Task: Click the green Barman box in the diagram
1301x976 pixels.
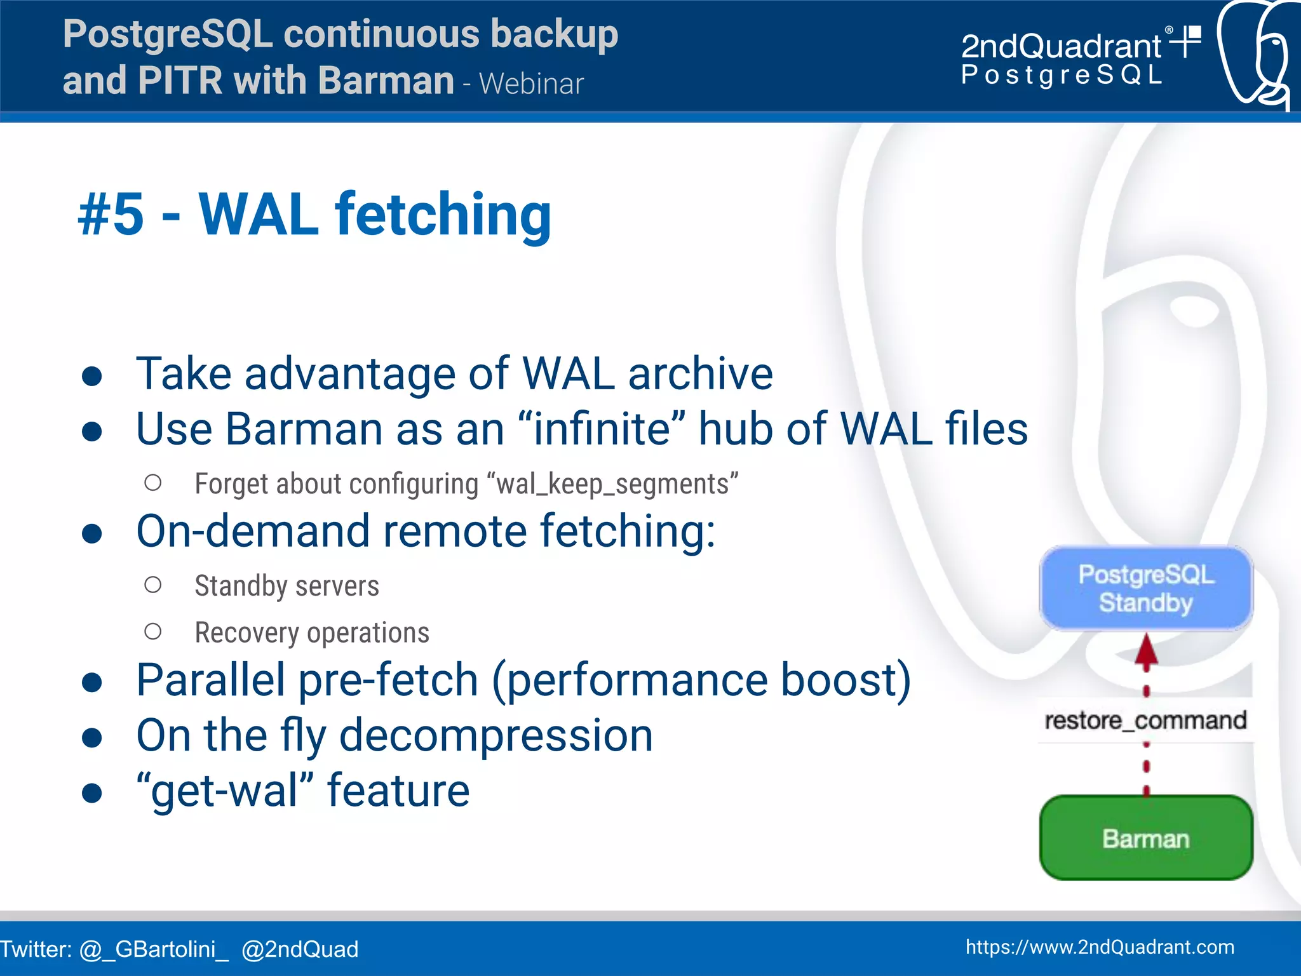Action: (1145, 838)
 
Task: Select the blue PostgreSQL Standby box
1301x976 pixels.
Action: (1145, 588)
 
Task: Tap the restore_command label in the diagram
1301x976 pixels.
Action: (1145, 720)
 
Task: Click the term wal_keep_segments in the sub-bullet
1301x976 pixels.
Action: (613, 484)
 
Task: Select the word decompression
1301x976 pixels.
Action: (495, 735)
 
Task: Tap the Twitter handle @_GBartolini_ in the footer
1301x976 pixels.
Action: (154, 949)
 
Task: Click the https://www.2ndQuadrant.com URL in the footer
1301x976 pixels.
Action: (1100, 947)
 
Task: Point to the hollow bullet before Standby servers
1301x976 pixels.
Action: (152, 585)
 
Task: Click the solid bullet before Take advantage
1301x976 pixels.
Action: (92, 376)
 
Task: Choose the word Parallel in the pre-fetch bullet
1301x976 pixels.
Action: (211, 680)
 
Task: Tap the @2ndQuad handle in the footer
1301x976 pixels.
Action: (300, 949)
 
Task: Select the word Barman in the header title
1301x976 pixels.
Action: (386, 81)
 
